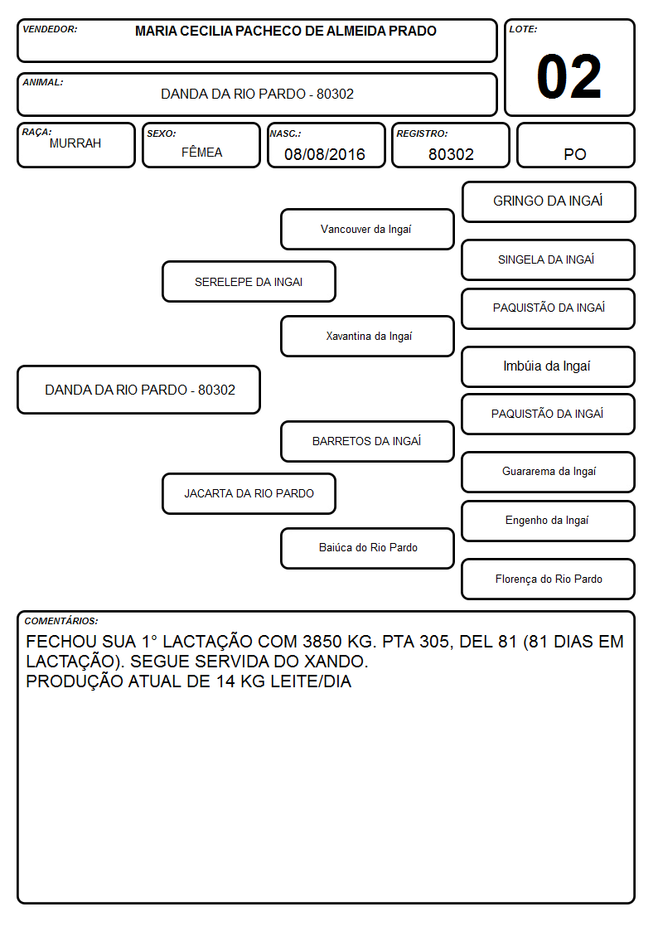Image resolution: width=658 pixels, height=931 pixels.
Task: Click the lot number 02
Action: pos(568,76)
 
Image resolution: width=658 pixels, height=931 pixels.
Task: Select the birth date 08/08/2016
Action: pos(325,154)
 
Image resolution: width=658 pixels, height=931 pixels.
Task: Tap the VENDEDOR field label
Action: pos(50,29)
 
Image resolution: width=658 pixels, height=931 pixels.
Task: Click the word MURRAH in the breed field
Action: pos(75,143)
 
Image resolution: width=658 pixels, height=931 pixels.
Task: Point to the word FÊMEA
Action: pos(201,152)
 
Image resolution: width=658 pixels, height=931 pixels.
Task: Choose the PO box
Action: pos(575,145)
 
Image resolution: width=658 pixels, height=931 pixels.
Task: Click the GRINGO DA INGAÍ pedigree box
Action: pos(549,202)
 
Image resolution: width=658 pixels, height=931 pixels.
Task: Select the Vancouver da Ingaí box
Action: pos(367,229)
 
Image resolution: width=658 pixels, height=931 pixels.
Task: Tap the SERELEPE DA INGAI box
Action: pos(249,281)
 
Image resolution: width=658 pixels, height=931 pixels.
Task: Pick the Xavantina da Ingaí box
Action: pos(367,336)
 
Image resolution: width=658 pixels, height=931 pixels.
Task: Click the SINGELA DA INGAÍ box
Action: pos(549,259)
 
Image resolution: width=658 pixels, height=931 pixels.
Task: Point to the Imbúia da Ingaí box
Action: pos(549,366)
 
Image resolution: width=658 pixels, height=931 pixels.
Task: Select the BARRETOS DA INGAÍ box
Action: pos(367,441)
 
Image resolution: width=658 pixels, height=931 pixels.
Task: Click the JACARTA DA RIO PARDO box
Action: pos(249,493)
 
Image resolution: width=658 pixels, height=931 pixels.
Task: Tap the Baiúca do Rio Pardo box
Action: pos(367,548)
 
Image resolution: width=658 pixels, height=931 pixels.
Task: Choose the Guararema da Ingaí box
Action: pos(549,472)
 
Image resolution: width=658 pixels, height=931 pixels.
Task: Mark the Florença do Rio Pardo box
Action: pos(549,579)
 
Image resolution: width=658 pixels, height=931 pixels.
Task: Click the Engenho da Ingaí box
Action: pos(549,521)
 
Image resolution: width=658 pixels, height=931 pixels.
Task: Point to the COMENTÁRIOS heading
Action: pos(61,621)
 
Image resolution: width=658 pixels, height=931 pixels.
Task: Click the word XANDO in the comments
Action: pos(336,662)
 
